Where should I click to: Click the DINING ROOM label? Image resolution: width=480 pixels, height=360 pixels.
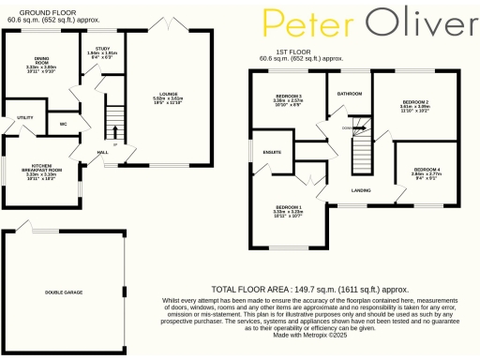click(x=40, y=62)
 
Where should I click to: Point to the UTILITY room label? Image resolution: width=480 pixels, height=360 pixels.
click(x=25, y=117)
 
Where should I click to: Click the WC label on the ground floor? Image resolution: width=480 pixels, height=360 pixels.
click(x=62, y=123)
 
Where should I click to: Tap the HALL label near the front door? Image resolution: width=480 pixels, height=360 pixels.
click(x=102, y=151)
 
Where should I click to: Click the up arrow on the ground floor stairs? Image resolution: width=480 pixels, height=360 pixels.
click(x=114, y=117)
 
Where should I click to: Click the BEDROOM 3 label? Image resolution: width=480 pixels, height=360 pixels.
click(x=288, y=97)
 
